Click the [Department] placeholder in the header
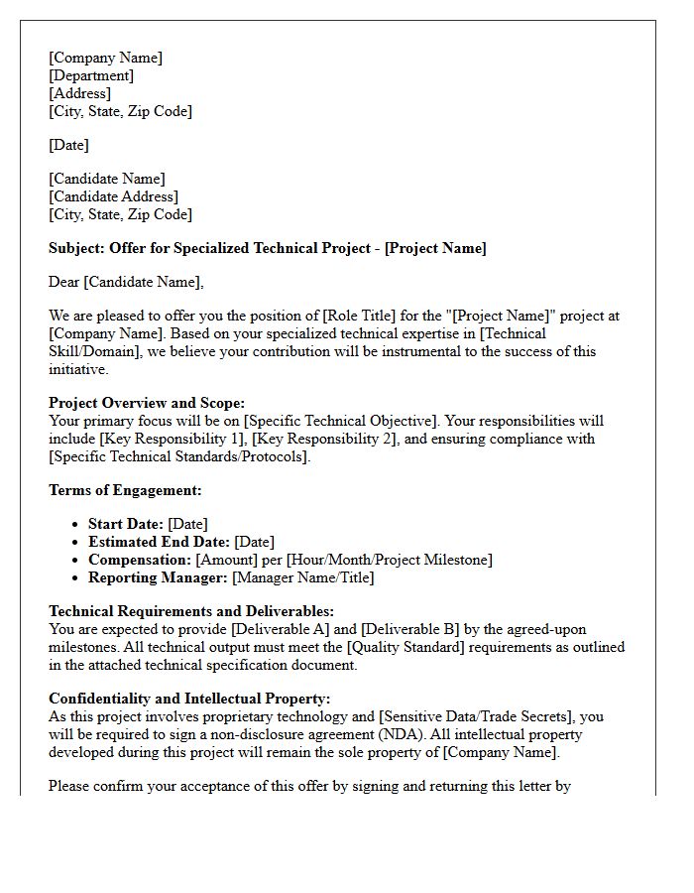91,75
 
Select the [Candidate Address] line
114,196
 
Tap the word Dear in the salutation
64,282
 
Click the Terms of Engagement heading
125,490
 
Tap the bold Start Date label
126,524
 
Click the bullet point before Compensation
77,560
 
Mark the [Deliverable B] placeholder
407,629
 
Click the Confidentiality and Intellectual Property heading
189,699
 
